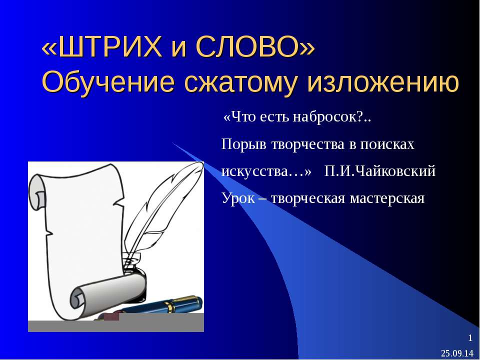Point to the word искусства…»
pos(266,171)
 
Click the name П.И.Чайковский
pos(380,171)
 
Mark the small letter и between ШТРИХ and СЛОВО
pos(176,49)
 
